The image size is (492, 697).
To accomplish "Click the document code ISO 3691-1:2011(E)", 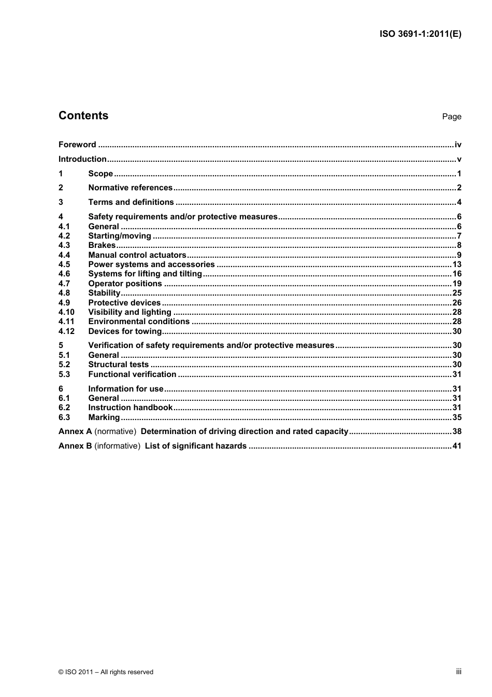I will tap(420, 34).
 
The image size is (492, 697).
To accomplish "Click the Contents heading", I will tap(83, 116).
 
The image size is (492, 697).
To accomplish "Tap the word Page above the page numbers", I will tap(451, 117).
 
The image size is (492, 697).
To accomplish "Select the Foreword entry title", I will tap(77, 145).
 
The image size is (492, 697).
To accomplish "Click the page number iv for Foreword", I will tap(458, 145).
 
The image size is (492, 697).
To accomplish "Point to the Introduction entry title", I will tap(82, 159).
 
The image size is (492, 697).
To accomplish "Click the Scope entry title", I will tap(100, 174).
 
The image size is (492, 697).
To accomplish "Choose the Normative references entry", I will tap(131, 188).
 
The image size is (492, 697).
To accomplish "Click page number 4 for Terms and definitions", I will tap(459, 202).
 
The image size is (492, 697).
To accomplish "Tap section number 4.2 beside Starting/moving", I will tap(64, 236).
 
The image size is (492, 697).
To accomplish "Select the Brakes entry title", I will tap(102, 245).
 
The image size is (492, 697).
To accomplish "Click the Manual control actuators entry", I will tap(137, 255).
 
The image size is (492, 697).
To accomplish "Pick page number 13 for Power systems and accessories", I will tap(457, 264).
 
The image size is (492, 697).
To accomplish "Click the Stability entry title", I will tap(104, 293).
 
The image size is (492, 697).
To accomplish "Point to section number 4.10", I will tap(66, 312).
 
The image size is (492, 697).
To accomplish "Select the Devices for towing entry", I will tap(125, 331).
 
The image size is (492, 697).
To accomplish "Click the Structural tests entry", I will tap(119, 365).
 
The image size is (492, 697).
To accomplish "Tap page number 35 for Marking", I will tap(457, 417).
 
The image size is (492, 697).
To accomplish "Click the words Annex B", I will tap(75, 446).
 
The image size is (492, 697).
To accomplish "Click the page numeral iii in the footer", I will tap(458, 672).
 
